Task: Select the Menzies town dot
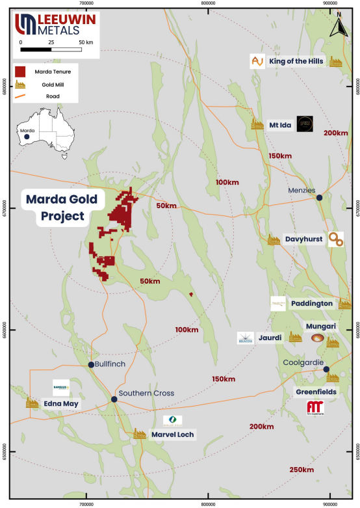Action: coord(319,197)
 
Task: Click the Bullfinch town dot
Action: coord(92,364)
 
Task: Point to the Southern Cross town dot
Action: coord(114,399)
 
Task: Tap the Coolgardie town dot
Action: coord(326,369)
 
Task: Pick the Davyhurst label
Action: coord(303,239)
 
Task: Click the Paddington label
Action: coord(311,303)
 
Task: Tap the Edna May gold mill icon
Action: coord(32,403)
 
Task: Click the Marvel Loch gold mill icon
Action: coord(139,433)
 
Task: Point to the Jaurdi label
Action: coord(272,338)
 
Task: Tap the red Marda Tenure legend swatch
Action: coord(21,70)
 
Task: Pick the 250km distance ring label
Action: coord(302,470)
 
